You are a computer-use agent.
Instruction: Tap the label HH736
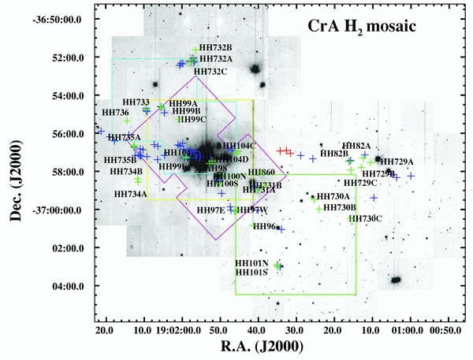pyautogui.click(x=116, y=113)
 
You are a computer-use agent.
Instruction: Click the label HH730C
pyautogui.click(x=365, y=218)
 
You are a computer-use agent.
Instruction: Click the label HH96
pyautogui.click(x=263, y=227)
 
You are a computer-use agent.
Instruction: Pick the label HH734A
pyautogui.click(x=131, y=194)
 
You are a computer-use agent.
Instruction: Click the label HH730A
pyautogui.click(x=333, y=196)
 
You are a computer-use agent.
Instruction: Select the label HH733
pyautogui.click(x=137, y=102)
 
